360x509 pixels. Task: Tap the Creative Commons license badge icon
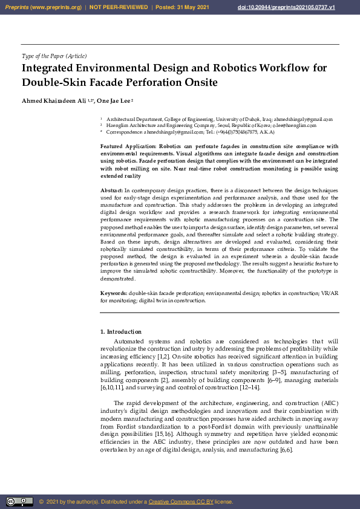[19, 501]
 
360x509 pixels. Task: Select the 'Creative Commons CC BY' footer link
[181, 502]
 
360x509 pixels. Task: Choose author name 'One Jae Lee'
[113, 100]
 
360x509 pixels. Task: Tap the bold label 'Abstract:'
[111, 190]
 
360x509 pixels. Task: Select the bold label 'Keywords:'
[113, 293]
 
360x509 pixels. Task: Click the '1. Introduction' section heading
[120, 332]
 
